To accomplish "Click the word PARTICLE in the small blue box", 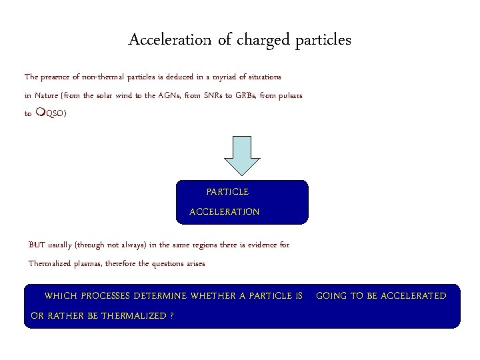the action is click(227, 192).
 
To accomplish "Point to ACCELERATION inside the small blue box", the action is click(225, 211).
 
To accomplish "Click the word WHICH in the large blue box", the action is click(59, 295).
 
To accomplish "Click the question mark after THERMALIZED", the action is click(172, 315).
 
